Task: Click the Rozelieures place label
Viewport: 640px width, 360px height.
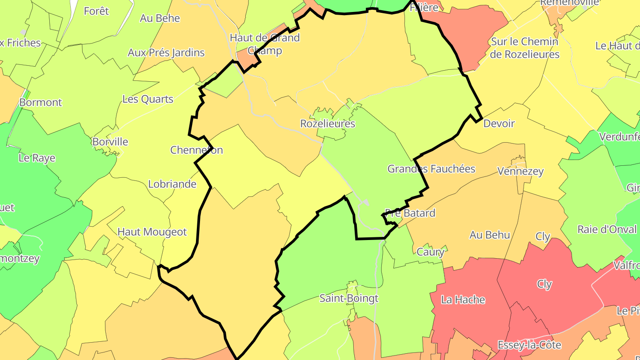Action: [328, 124]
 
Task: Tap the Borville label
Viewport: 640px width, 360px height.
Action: [110, 142]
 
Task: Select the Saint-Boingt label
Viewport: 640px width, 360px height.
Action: [349, 298]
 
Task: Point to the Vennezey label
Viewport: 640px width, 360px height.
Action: [520, 171]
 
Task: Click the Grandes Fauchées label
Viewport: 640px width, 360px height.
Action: [431, 169]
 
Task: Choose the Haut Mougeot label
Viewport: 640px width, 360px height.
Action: [152, 232]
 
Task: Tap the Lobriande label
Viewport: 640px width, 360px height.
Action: [172, 184]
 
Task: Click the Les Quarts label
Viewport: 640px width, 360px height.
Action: [148, 99]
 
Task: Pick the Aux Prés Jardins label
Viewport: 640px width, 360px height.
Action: [166, 53]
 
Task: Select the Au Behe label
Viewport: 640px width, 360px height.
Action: [160, 18]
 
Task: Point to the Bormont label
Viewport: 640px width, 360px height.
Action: [40, 103]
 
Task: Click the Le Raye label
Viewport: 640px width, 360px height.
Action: [37, 158]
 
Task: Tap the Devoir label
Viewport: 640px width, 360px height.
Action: [499, 124]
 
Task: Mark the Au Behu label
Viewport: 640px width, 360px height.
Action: [489, 235]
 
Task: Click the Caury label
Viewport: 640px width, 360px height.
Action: [430, 252]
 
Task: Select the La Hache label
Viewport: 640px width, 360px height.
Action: [463, 300]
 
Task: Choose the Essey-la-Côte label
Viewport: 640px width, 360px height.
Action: [529, 345]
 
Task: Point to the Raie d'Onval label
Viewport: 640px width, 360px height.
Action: [607, 230]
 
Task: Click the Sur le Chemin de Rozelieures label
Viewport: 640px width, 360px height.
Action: [525, 48]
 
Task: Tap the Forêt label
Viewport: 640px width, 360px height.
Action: [96, 11]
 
